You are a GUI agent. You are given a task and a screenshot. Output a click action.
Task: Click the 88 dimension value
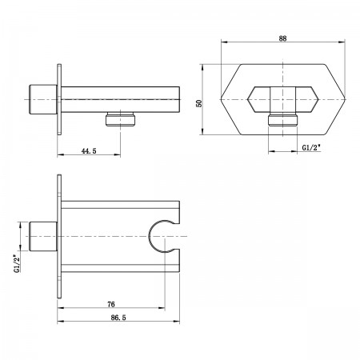point(282,38)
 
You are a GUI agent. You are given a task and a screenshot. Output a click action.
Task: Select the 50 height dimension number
point(199,103)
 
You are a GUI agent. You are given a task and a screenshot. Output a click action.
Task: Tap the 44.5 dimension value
point(89,151)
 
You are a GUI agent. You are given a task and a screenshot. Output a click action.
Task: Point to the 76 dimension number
point(111,304)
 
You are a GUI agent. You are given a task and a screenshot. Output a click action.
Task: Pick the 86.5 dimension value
point(118,318)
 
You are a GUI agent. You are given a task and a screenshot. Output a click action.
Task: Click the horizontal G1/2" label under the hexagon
point(311,147)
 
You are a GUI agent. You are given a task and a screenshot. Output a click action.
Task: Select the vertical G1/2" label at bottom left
point(17,263)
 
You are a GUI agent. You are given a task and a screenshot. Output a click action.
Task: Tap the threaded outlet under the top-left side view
point(121,119)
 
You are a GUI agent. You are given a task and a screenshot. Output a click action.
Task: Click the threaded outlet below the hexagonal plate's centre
point(282,119)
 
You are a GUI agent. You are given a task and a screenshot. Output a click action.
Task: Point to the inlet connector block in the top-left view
point(43,100)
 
